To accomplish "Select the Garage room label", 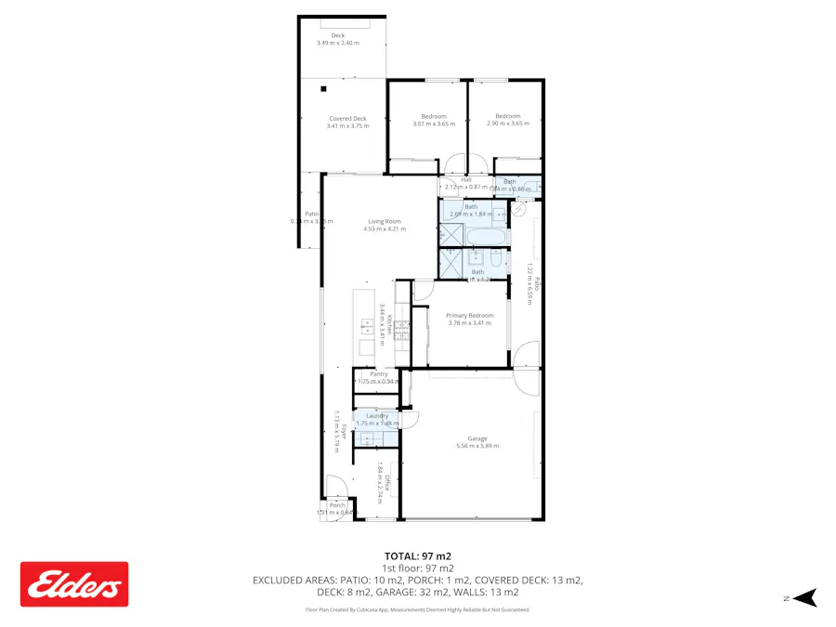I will pos(477,441).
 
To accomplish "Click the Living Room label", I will pos(384,224).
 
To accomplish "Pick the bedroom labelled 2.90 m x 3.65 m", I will pos(507,119).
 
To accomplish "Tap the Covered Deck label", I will pos(347,122).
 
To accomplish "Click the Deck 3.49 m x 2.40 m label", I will pos(337,39).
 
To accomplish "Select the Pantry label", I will pos(378,377).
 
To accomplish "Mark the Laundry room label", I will pos(377,419).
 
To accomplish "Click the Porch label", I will pos(336,508).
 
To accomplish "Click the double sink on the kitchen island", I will pos(372,327).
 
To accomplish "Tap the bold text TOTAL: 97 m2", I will pos(417,555).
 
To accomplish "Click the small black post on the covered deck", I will pos(324,89).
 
